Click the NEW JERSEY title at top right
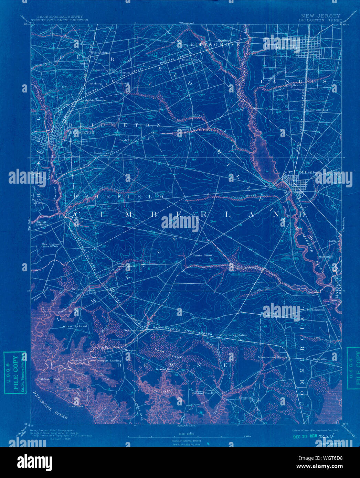coord(320,16)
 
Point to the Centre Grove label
coord(202,256)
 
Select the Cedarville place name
coord(79,289)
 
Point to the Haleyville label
coord(319,359)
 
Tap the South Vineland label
coord(317,110)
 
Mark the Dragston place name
coord(245,398)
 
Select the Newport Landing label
coord(109,361)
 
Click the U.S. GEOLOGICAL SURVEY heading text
coord(59,16)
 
